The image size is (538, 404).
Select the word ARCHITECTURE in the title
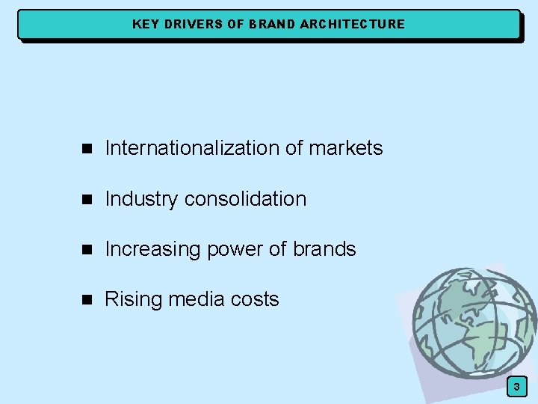coord(352,24)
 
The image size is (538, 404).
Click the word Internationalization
coord(193,148)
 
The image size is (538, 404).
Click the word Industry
coord(142,199)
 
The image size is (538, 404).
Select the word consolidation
coord(245,199)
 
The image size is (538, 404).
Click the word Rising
coord(134,300)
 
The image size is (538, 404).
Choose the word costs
coord(255,300)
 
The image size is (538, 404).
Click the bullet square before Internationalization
coord(86,149)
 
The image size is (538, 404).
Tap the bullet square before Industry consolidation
coord(86,200)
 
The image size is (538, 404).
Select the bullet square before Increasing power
coord(86,250)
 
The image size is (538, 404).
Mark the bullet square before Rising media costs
coord(86,300)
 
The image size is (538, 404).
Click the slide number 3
coord(516,386)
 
